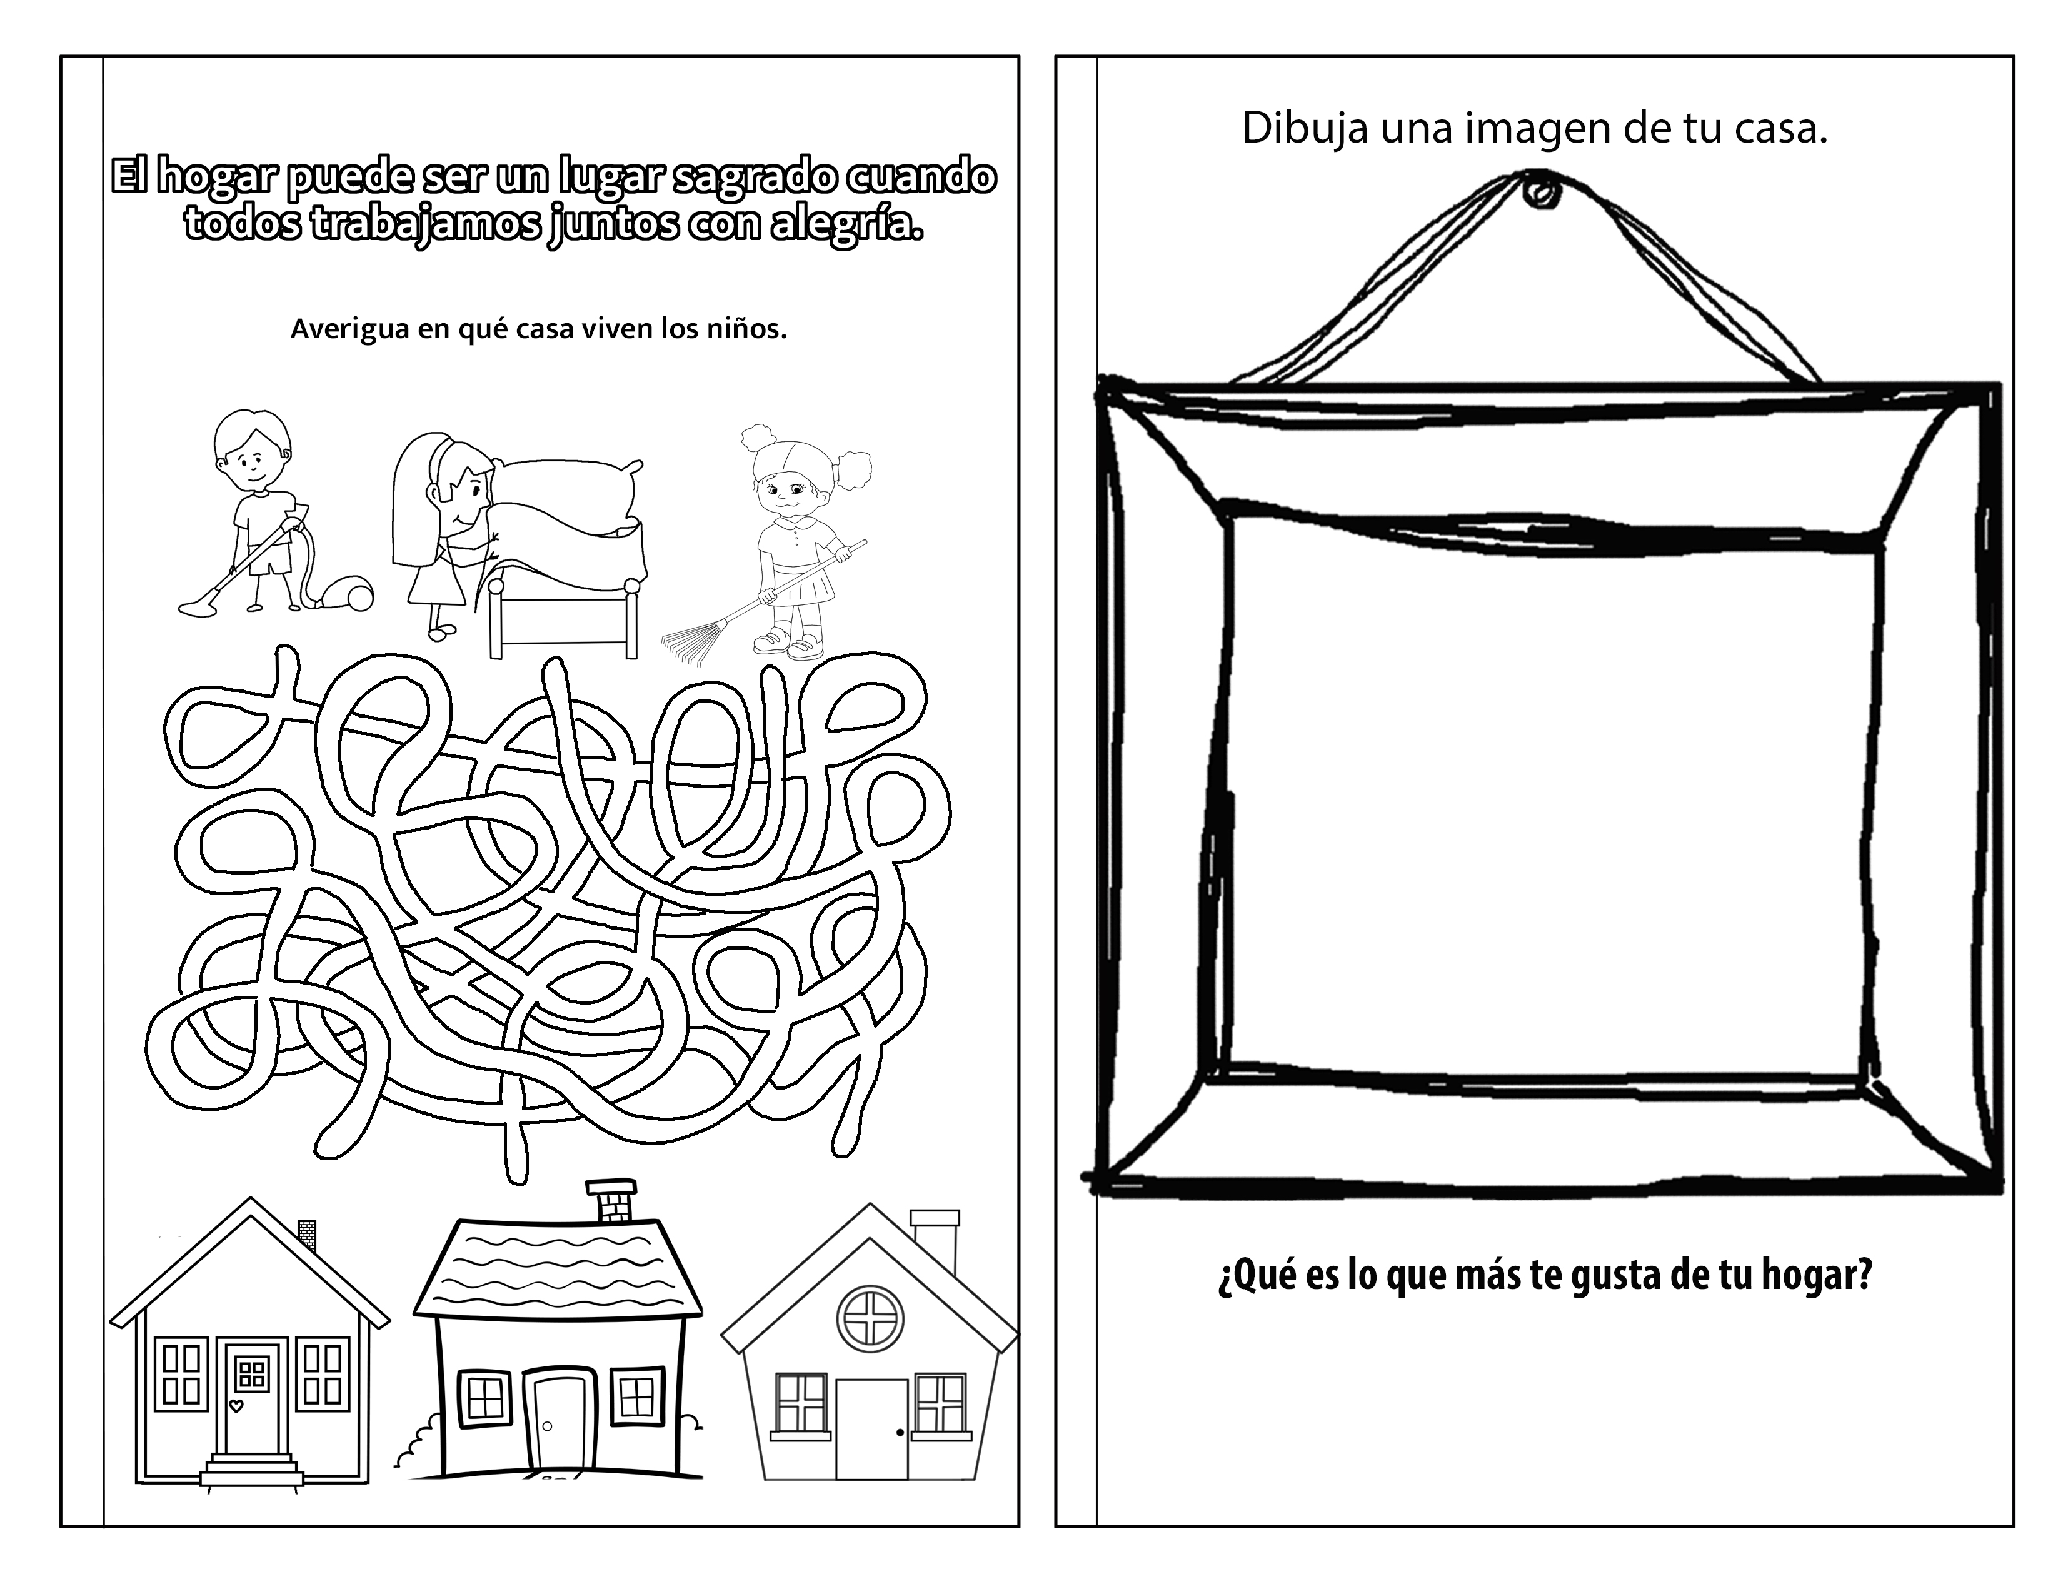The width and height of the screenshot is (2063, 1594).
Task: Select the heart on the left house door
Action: coord(237,1406)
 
